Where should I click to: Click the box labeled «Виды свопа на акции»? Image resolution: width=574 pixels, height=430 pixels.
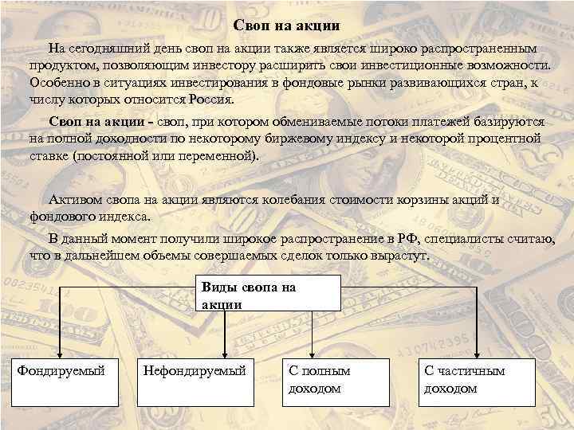coord(268,293)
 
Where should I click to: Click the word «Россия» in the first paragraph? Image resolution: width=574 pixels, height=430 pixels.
coord(209,100)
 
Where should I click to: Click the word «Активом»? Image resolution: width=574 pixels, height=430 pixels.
coord(75,200)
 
